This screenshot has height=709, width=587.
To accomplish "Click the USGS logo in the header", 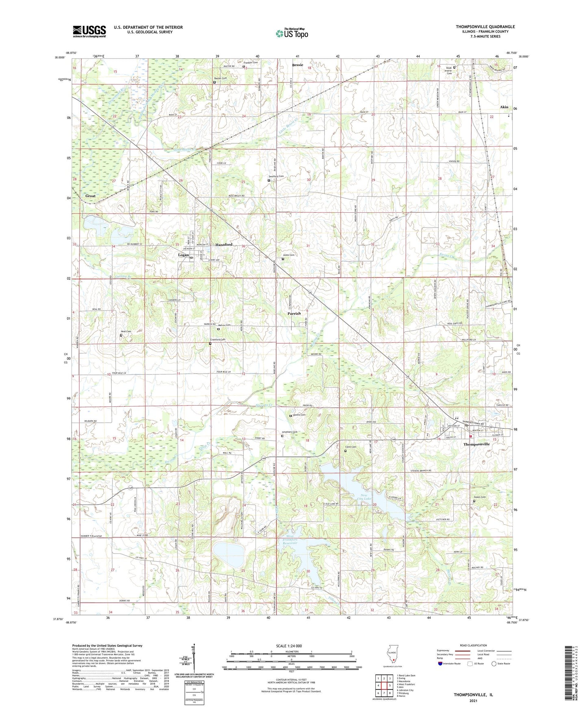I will click(x=89, y=31).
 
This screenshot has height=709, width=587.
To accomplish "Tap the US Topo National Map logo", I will click(x=291, y=33).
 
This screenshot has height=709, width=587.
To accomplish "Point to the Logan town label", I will click(x=184, y=255).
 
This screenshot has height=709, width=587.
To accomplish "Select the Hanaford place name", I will click(x=224, y=244).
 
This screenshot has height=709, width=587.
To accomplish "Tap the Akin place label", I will click(x=504, y=107).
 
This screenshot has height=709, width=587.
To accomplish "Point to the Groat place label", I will click(x=91, y=196).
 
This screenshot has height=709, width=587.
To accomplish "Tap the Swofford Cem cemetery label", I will click(x=276, y=176).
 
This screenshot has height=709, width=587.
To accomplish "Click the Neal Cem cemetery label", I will click(x=126, y=331).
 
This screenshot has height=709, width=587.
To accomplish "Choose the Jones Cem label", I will click(x=288, y=255).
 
